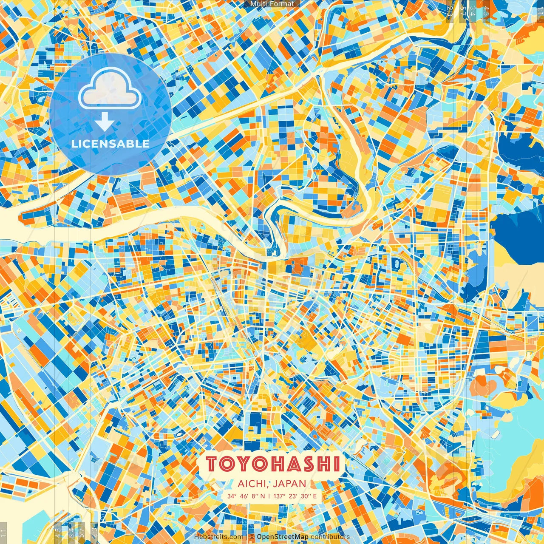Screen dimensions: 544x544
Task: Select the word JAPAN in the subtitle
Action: coord(289,484)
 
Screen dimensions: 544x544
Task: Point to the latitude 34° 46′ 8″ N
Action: coord(246,496)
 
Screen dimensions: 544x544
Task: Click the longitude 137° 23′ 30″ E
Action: coord(295,496)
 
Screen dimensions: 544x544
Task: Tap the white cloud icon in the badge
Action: coord(110,88)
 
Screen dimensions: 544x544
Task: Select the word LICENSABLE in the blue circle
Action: coord(110,144)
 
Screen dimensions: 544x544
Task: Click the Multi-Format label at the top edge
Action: coord(272,4)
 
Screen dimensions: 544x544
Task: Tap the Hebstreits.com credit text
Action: coord(218,537)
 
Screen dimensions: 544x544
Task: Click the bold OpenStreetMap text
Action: coord(282,537)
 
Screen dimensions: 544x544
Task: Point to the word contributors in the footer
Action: coord(330,537)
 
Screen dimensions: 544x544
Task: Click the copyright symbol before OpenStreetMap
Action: coord(252,537)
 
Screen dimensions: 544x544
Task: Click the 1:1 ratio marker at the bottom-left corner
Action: coord(3,532)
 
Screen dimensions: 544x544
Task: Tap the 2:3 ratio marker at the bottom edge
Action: coord(94,532)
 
